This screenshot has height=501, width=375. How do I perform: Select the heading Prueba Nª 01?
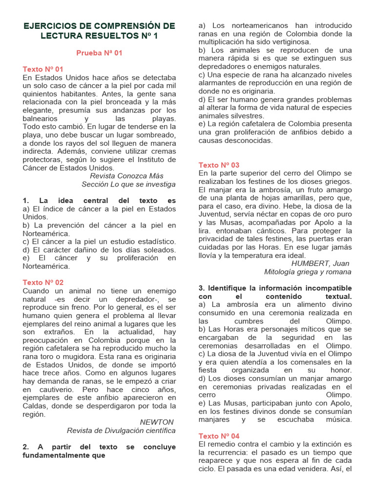click(x=99, y=53)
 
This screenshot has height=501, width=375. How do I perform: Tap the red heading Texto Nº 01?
click(x=43, y=69)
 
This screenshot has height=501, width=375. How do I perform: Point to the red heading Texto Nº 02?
click(x=43, y=282)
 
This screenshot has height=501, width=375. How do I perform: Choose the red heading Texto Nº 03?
click(x=219, y=165)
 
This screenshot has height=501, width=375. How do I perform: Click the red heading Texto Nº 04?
click(x=219, y=436)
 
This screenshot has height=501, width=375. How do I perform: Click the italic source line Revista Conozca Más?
click(x=127, y=176)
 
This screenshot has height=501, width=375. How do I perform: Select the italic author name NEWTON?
click(x=156, y=422)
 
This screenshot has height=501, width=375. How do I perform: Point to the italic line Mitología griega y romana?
click(x=308, y=272)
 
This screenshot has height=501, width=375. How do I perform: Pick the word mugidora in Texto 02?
click(x=85, y=357)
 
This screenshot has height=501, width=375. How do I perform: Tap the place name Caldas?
click(x=35, y=406)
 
